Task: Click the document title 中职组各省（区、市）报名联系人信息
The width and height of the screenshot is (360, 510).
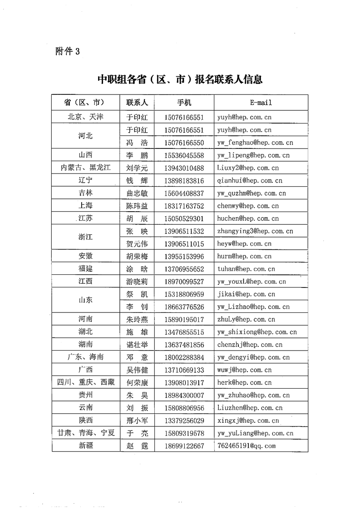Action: click(x=180, y=79)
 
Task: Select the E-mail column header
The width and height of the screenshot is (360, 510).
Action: click(x=261, y=103)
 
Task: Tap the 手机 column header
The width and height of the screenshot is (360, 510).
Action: click(x=184, y=103)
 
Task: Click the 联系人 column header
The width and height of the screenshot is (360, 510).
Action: click(x=137, y=103)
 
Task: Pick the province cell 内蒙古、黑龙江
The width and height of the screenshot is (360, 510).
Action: click(x=86, y=168)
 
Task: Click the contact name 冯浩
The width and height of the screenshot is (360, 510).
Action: click(x=137, y=143)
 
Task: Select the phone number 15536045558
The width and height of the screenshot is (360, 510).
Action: click(x=184, y=155)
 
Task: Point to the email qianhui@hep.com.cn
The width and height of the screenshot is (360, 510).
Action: click(x=248, y=181)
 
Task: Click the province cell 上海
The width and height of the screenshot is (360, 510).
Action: click(x=86, y=206)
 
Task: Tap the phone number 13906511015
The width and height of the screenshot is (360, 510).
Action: click(x=184, y=244)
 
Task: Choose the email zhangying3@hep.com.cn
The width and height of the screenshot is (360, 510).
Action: click(x=255, y=231)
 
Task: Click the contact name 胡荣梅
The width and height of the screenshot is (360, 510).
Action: click(x=137, y=257)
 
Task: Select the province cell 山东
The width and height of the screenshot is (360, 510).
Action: click(x=86, y=300)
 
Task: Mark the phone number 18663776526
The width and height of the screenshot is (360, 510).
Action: click(x=184, y=307)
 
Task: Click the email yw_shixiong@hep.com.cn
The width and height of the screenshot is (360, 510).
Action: click(x=257, y=332)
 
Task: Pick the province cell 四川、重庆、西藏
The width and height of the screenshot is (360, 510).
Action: click(x=86, y=382)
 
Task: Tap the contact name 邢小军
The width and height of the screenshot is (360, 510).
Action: click(x=137, y=421)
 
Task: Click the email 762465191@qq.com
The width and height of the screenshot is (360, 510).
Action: click(x=247, y=446)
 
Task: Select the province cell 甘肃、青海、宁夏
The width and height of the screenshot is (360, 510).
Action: click(x=86, y=433)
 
